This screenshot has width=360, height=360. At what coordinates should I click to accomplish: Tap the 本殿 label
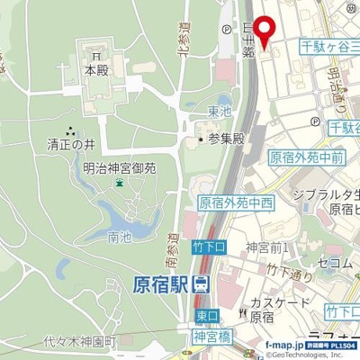click(96, 69)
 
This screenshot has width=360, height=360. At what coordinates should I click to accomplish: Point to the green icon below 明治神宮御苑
click(120, 184)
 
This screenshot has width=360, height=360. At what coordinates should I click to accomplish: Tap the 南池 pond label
click(119, 238)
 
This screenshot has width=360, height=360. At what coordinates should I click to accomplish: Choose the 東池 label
click(219, 112)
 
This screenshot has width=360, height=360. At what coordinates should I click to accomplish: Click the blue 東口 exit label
click(206, 316)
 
